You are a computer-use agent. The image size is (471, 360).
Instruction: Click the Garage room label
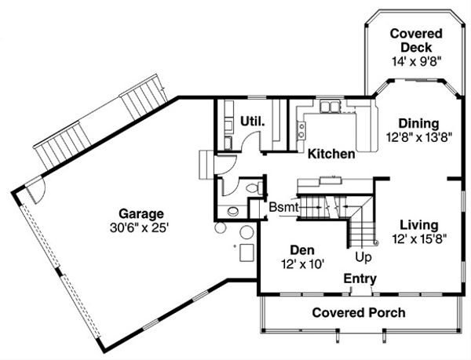(x=141, y=213)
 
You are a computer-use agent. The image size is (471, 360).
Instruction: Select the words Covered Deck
(x=416, y=40)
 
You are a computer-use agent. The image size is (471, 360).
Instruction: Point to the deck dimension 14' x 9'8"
(x=416, y=60)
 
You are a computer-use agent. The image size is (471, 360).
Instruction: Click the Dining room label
(x=418, y=123)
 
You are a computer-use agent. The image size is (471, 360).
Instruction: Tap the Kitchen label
(x=330, y=154)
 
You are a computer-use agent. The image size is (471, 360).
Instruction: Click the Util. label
(x=252, y=122)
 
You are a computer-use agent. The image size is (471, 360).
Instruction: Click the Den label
(x=302, y=249)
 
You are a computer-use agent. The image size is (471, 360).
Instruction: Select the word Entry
(x=360, y=278)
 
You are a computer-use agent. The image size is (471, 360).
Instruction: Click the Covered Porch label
(x=359, y=313)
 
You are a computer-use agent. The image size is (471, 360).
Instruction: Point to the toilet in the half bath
(x=252, y=188)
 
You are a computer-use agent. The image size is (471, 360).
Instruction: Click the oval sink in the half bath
(x=232, y=211)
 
